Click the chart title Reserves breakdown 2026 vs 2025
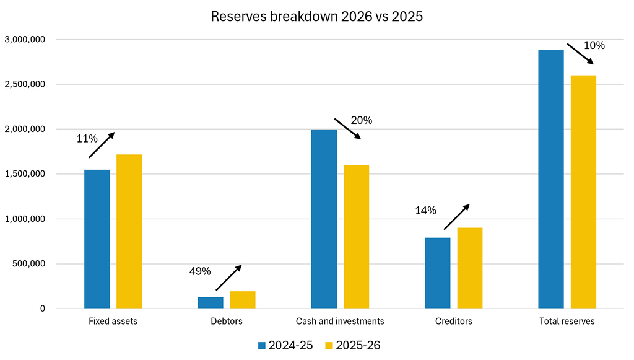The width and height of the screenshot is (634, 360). point(316,17)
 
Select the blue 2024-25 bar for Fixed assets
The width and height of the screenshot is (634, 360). point(97,239)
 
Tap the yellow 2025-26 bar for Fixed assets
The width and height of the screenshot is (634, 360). point(129,231)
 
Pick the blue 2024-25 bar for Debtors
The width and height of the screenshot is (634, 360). point(211,302)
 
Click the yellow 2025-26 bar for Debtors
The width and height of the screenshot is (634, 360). point(243,300)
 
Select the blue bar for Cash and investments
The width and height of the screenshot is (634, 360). point(324,219)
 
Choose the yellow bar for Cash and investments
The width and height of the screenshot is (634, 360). point(357,237)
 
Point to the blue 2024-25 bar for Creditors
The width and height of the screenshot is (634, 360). point(438,273)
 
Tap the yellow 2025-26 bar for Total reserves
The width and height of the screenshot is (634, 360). point(583,191)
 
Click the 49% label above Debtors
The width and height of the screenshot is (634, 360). point(200,271)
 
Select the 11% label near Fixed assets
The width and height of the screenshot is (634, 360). point(87,139)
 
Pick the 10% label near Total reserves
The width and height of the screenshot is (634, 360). point(594,45)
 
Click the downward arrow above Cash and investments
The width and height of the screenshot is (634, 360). point(348,129)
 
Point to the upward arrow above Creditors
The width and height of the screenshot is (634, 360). point(457,217)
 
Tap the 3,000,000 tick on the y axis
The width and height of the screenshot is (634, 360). point(25,39)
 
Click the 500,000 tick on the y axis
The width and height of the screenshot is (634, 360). point(28,264)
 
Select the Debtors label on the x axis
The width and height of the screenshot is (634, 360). point(227,321)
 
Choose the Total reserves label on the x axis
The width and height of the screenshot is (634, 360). point(567,321)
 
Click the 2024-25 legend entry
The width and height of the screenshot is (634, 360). point(285,345)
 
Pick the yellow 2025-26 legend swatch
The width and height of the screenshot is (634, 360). point(329,346)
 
